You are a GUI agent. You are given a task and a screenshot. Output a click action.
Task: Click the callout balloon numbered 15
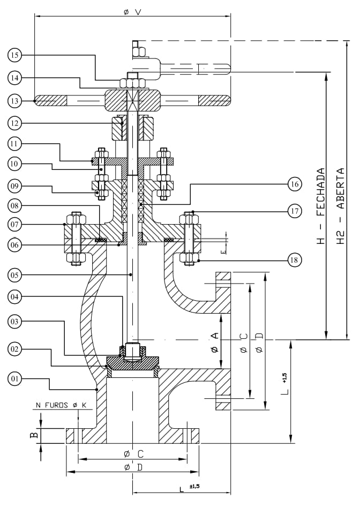[x=14, y=55]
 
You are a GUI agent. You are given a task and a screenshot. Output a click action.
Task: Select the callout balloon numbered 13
[x=14, y=101]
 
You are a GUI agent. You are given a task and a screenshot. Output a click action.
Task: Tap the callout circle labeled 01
[x=14, y=379]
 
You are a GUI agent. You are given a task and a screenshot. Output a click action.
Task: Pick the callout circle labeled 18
[x=294, y=260]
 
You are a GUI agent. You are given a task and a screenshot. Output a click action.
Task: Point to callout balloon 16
[x=294, y=184]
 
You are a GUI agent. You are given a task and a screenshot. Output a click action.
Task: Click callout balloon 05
[x=14, y=275]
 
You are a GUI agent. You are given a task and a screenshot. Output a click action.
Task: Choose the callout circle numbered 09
[x=14, y=186]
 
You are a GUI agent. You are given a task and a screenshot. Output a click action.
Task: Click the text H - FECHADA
[x=321, y=206]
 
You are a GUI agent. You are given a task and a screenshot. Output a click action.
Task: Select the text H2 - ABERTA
[x=340, y=206]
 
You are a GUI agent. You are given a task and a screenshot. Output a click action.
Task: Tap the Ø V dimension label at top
[x=132, y=12]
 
